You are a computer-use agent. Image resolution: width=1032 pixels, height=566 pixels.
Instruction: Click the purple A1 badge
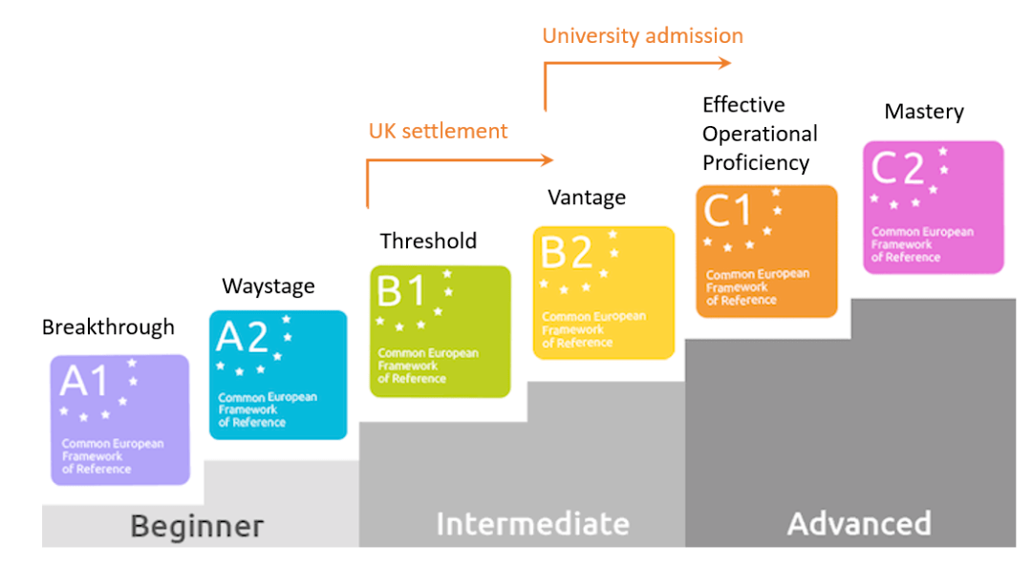click(119, 420)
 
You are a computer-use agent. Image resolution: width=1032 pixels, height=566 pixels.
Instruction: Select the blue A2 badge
click(278, 375)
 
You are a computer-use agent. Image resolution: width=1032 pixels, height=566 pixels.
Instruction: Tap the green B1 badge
click(441, 331)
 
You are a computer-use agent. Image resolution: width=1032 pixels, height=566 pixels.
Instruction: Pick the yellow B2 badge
click(604, 293)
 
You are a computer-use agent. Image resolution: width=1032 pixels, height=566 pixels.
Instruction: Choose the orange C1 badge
click(766, 251)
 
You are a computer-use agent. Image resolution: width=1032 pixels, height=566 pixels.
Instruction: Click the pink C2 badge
click(934, 207)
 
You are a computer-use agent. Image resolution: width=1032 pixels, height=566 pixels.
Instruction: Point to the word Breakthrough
click(109, 327)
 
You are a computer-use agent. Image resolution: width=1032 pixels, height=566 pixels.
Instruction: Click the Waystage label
click(269, 286)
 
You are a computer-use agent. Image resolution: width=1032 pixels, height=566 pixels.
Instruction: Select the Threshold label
click(428, 241)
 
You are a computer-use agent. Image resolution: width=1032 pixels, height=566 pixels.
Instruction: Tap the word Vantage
click(587, 198)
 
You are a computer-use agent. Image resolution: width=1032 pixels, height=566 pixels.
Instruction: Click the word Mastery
click(924, 112)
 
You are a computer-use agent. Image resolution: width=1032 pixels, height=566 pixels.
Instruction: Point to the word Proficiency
click(756, 163)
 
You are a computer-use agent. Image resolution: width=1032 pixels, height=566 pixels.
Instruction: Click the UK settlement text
click(439, 131)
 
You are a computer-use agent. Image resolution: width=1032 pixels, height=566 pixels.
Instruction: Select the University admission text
click(643, 36)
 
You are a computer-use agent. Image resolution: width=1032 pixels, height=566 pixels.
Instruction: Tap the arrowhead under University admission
click(724, 63)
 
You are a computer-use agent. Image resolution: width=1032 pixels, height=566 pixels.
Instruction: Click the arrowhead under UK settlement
click(547, 159)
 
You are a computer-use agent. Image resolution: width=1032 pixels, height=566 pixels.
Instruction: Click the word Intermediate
click(533, 524)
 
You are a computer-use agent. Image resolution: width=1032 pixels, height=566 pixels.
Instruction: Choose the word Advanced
click(860, 524)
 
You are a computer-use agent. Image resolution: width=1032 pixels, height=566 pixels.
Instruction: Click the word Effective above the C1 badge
click(743, 105)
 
